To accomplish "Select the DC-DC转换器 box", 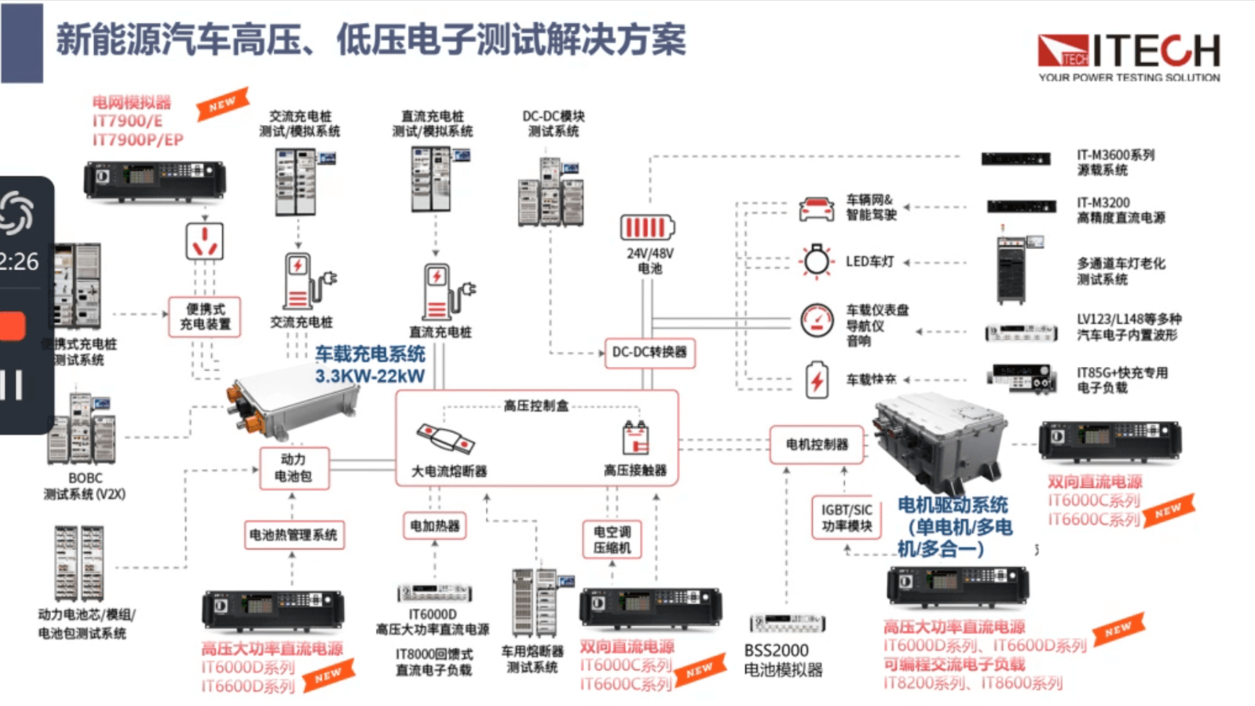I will point(649,352).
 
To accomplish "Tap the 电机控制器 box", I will point(816,444).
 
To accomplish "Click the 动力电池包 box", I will point(293,468).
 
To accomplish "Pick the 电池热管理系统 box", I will point(293,535).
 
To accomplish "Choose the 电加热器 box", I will point(434,525).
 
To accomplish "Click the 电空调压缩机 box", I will point(612,540).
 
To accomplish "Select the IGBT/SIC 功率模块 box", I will point(846,517).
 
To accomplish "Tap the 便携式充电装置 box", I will point(205,317).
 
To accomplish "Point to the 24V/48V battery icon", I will point(647,228).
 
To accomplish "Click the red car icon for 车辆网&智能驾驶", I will point(816,209).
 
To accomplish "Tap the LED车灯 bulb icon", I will point(816,260).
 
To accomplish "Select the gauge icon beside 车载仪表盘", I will point(816,320).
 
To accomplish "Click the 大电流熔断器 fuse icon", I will point(445,439).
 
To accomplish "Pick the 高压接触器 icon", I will point(635,438).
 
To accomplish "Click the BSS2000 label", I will point(776,650).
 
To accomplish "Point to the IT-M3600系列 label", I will point(1115,155).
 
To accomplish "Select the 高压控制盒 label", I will point(536,406).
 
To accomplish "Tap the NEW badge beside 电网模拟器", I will point(222,103).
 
